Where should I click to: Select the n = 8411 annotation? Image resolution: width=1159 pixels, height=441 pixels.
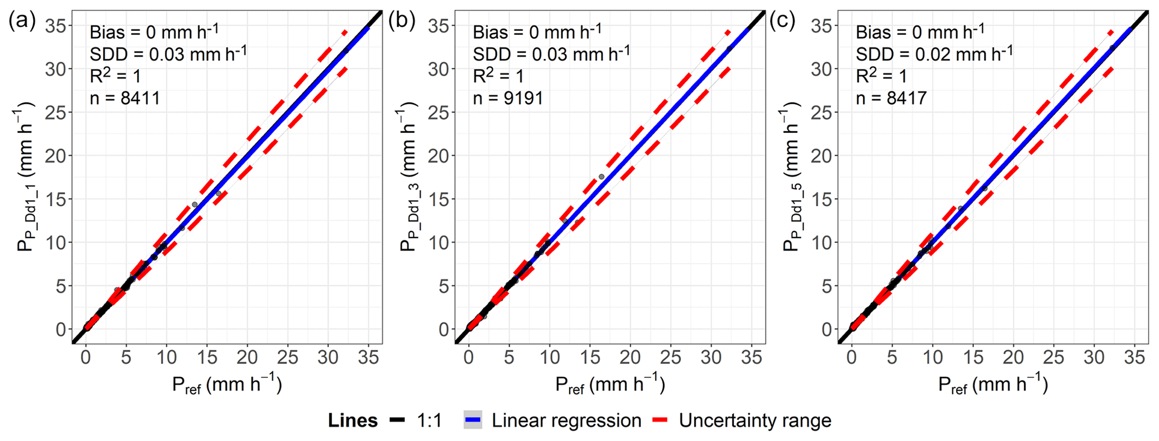click(x=124, y=99)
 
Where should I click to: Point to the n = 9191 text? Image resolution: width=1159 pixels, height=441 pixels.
click(x=508, y=99)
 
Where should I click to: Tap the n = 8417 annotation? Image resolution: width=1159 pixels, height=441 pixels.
click(x=891, y=99)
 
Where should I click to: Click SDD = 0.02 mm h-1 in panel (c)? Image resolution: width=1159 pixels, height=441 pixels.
click(x=934, y=54)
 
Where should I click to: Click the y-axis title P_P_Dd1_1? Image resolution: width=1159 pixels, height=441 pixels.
click(x=26, y=177)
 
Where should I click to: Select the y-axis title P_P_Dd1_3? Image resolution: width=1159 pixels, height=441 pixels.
click(x=409, y=177)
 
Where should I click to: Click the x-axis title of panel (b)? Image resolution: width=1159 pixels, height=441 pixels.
click(x=610, y=385)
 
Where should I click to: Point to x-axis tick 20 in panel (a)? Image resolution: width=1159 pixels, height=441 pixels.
click(x=247, y=358)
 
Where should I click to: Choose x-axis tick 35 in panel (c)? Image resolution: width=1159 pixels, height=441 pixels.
click(x=1134, y=358)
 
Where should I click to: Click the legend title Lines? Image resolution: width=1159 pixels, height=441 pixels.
click(x=353, y=420)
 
